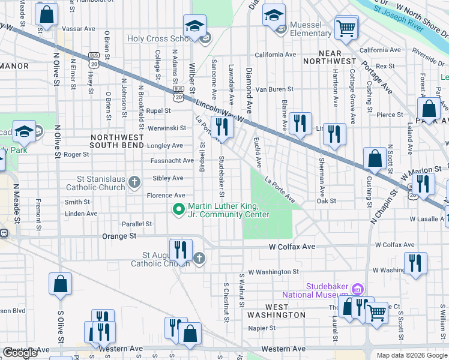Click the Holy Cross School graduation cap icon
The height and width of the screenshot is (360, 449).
click(194, 27)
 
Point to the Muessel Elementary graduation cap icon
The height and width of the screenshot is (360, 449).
click(274, 15)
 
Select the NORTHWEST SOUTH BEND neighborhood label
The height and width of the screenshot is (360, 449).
click(118, 141)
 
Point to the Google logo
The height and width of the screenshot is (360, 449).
click(20, 353)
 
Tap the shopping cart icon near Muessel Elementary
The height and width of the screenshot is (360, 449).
click(346, 28)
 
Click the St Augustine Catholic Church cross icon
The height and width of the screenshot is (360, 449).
click(199, 259)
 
